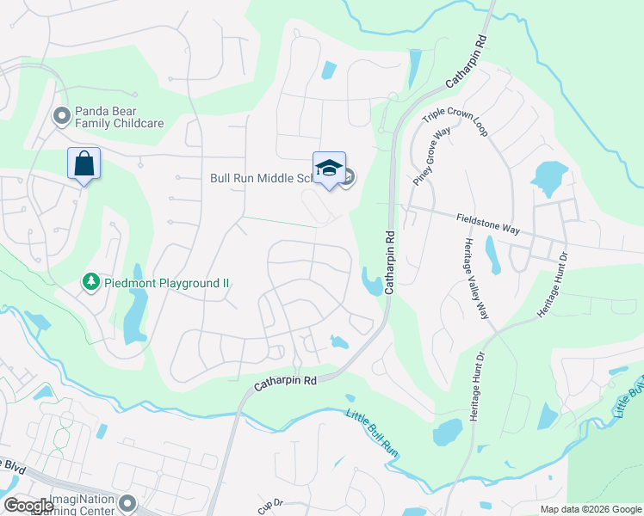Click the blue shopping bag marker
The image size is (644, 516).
click(84, 163)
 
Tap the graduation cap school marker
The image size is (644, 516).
click(328, 169)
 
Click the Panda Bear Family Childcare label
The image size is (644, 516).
click(119, 117)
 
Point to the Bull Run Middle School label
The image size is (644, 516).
click(259, 179)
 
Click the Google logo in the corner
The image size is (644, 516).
click(28, 506)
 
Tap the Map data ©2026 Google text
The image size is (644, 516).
click(590, 509)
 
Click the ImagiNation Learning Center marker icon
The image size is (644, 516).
click(128, 502)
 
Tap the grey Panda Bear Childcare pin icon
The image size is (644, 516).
click(61, 114)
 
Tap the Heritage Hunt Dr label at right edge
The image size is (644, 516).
click(554, 285)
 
